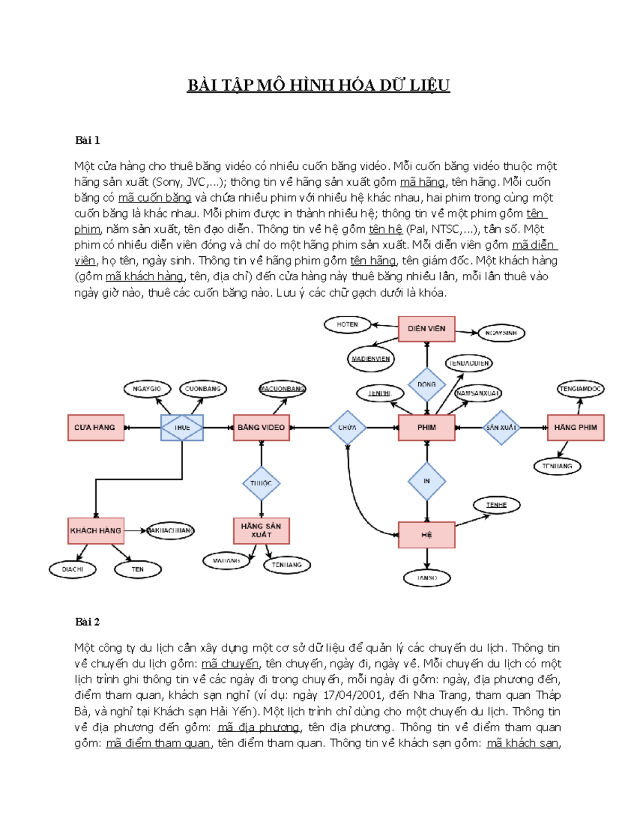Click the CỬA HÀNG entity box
(96, 428)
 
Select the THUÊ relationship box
(182, 428)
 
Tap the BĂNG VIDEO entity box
(261, 428)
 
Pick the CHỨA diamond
(348, 428)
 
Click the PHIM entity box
(426, 428)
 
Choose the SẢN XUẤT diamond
(501, 428)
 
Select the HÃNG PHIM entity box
(575, 428)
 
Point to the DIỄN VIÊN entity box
(426, 329)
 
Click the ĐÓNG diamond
(426, 385)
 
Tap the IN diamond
(426, 481)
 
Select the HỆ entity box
(426, 535)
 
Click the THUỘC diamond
(261, 483)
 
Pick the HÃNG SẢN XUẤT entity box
(261, 531)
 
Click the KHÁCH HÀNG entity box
(96, 531)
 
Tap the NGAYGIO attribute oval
(147, 389)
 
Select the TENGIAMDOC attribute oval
(580, 389)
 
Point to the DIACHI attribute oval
(73, 569)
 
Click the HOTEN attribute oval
(347, 325)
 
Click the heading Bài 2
(88, 622)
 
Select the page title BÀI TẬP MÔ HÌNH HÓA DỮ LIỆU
(318, 85)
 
